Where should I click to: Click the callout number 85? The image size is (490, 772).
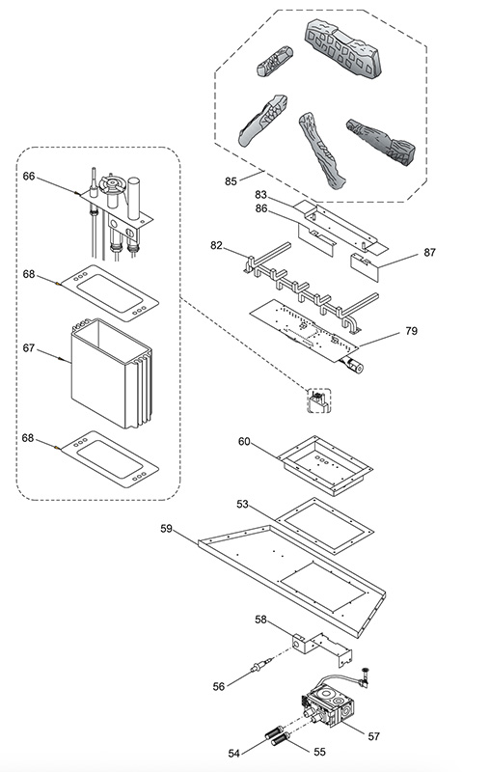click(x=231, y=181)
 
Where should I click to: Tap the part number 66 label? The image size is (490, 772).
click(x=29, y=176)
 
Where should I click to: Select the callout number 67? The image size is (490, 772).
click(x=29, y=348)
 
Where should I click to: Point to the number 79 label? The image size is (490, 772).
click(x=411, y=331)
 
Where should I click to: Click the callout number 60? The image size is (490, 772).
click(x=244, y=442)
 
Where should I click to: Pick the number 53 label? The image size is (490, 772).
click(x=242, y=504)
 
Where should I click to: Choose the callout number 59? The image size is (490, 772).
click(x=167, y=528)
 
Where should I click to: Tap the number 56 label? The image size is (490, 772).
click(x=219, y=686)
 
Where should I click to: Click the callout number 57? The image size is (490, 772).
click(x=374, y=736)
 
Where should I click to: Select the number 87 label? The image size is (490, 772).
click(x=429, y=252)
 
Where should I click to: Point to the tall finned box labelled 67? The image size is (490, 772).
click(x=112, y=373)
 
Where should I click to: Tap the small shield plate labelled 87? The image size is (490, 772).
click(x=365, y=267)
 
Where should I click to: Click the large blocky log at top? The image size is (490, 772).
click(x=343, y=48)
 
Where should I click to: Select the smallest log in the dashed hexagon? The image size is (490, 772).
click(x=275, y=61)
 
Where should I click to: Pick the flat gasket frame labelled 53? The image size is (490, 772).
click(x=324, y=526)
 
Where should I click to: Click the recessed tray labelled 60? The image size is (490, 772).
click(x=325, y=465)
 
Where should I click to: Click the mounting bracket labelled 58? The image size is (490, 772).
click(x=322, y=648)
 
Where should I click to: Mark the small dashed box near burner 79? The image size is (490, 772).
click(x=319, y=400)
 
